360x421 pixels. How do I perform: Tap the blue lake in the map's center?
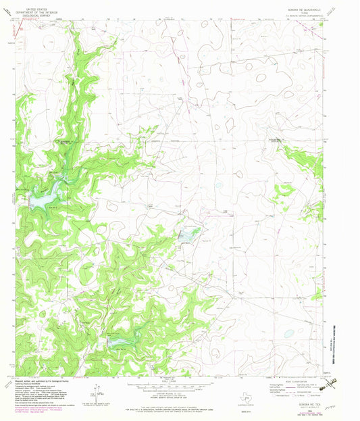187,235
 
